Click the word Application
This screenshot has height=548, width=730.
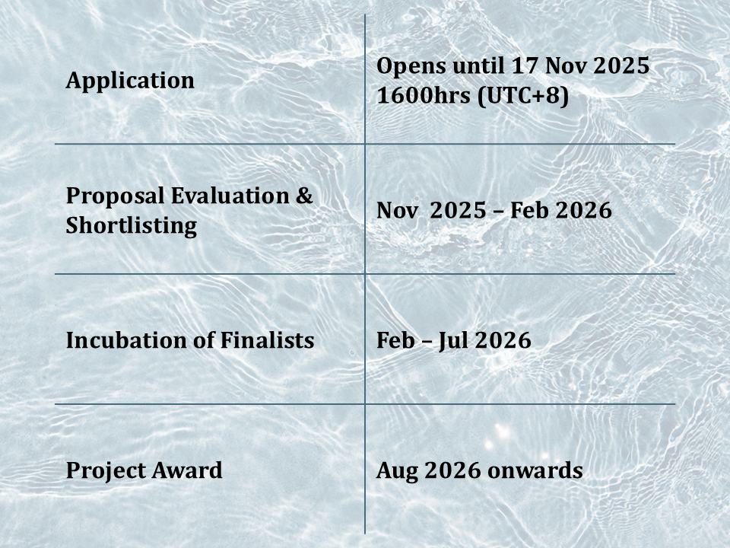[x=130, y=81]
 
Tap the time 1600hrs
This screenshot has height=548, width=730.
[x=424, y=96]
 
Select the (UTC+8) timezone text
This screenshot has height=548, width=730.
[x=523, y=97]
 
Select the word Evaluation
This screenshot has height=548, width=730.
[x=230, y=196]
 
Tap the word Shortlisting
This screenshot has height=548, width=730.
[x=132, y=226]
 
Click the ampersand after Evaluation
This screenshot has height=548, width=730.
[x=304, y=196]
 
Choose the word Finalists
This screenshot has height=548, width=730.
[x=267, y=340]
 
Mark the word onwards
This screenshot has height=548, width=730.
[x=535, y=470]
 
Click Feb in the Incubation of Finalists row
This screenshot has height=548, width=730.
[x=395, y=341]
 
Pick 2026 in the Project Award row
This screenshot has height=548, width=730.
[x=452, y=470]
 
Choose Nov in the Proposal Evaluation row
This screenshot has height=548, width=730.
[x=397, y=211]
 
